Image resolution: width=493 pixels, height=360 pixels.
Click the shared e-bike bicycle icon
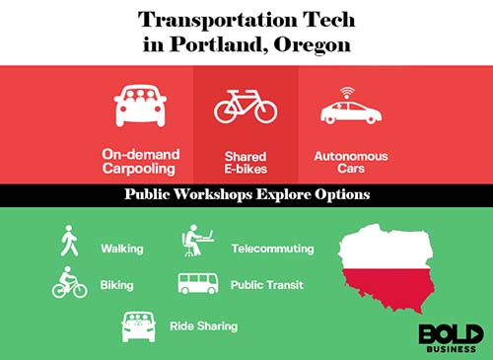(x=246, y=106)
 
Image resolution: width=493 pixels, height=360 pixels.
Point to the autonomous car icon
(x=350, y=111)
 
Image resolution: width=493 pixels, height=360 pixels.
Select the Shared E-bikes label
(x=246, y=161)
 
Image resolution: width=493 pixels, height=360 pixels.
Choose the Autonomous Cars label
(x=351, y=161)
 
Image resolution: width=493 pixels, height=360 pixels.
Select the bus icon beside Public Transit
(x=197, y=284)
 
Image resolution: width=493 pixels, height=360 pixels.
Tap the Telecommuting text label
(x=272, y=249)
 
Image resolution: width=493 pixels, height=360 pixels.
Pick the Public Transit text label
(x=266, y=285)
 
